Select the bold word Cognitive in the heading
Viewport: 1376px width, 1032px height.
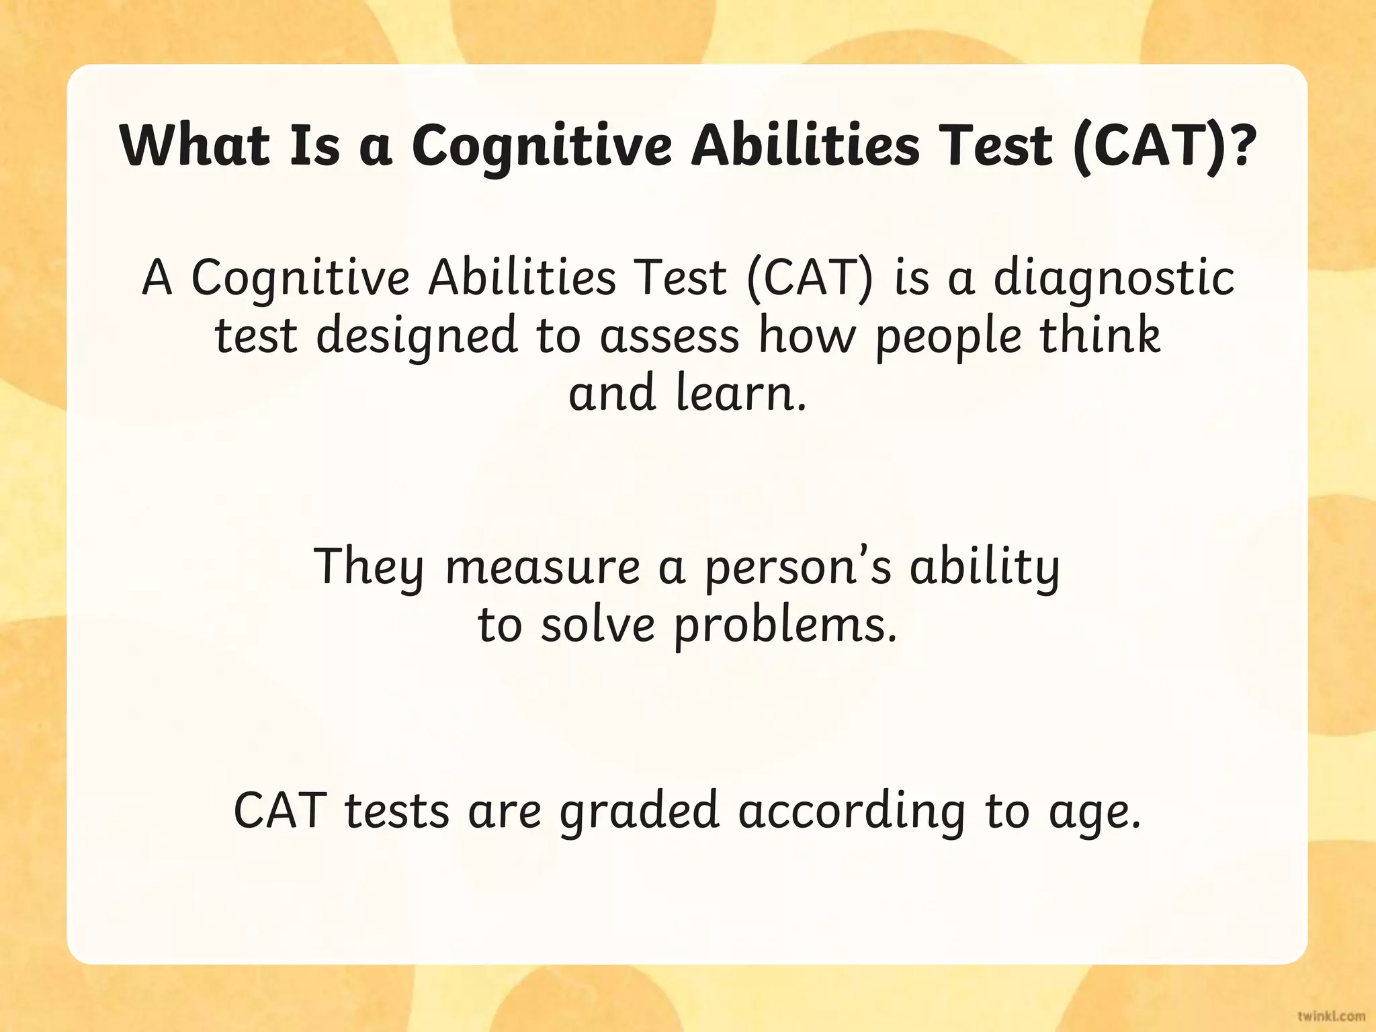pos(542,146)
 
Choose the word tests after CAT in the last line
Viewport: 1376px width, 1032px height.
pos(396,812)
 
